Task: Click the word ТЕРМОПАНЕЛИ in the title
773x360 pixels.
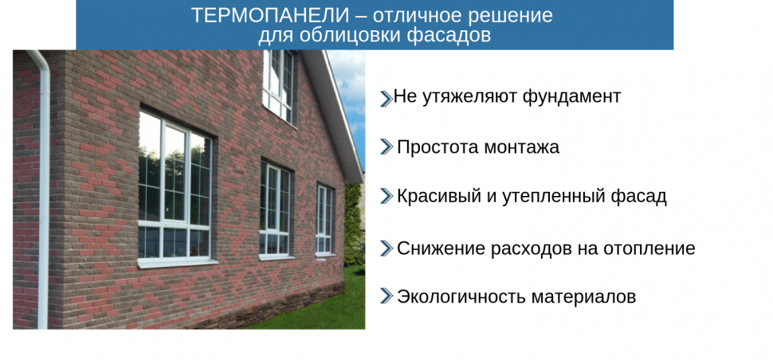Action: click(x=271, y=16)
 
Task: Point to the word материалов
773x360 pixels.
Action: click(x=583, y=297)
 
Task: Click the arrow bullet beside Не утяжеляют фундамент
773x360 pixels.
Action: click(x=386, y=99)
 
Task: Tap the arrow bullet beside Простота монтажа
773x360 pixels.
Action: click(x=386, y=147)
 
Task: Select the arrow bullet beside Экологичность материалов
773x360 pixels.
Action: click(x=386, y=296)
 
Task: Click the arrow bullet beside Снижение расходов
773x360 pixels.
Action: click(x=386, y=248)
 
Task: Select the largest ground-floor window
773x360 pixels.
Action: click(x=175, y=186)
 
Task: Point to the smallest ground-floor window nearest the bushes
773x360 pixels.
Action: click(x=324, y=220)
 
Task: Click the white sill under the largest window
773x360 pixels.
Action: click(x=178, y=263)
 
